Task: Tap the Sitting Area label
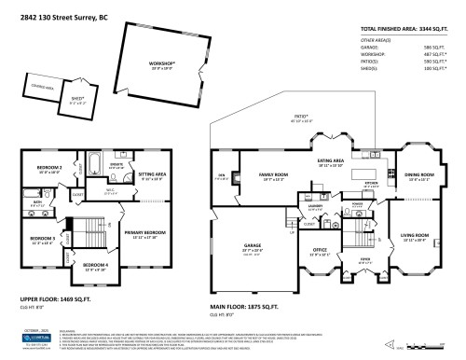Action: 151,174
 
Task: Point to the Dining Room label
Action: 419,174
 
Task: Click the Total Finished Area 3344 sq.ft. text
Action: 409,30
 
